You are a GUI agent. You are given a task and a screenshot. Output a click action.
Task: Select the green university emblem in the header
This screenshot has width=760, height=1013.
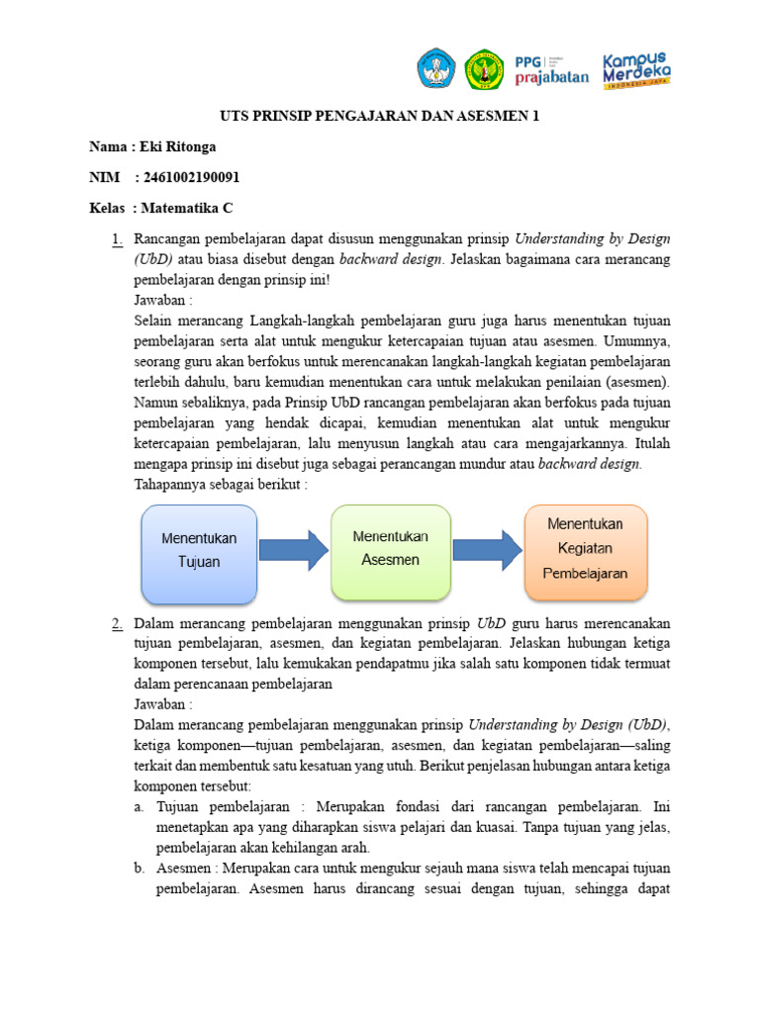tap(484, 68)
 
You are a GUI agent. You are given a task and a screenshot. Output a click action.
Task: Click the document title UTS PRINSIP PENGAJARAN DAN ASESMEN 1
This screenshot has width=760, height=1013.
tap(380, 116)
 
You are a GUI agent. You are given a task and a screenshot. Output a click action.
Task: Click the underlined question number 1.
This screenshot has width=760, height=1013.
tap(117, 238)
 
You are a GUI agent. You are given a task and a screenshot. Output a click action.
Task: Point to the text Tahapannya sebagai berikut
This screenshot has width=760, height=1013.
tap(221, 484)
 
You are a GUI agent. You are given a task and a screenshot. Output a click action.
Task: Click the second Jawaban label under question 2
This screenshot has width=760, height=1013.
tap(162, 702)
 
